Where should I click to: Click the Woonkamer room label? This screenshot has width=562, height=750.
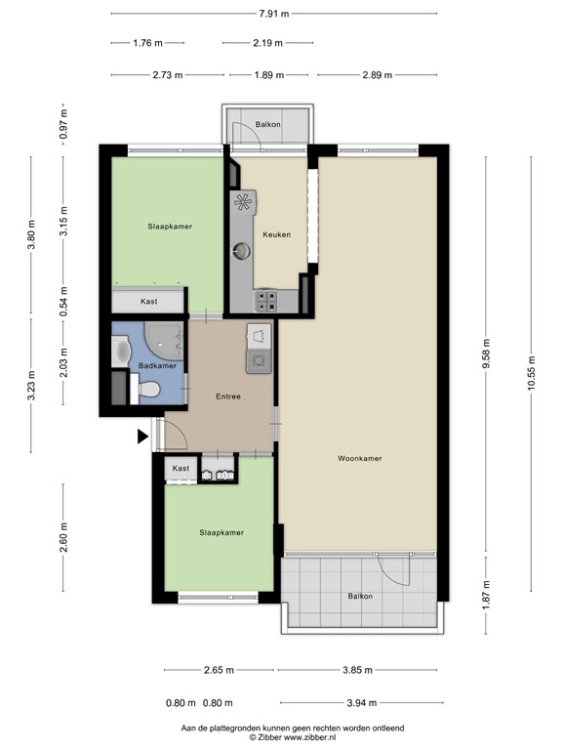[359, 458]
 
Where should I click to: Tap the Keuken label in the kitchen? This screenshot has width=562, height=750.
[276, 234]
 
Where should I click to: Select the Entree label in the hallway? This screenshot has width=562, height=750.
[228, 396]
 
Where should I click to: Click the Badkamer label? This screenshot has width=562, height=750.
[158, 366]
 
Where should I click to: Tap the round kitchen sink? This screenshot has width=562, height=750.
[240, 251]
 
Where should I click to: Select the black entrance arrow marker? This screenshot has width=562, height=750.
[142, 437]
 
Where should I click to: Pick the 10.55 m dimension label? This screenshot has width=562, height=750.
[532, 371]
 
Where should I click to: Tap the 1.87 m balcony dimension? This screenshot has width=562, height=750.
[486, 592]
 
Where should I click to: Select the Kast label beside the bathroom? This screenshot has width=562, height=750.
[148, 302]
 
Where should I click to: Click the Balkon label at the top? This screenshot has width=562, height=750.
[268, 126]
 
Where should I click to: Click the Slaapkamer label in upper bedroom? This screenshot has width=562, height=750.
[170, 226]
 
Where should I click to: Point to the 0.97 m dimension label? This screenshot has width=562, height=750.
[63, 126]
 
